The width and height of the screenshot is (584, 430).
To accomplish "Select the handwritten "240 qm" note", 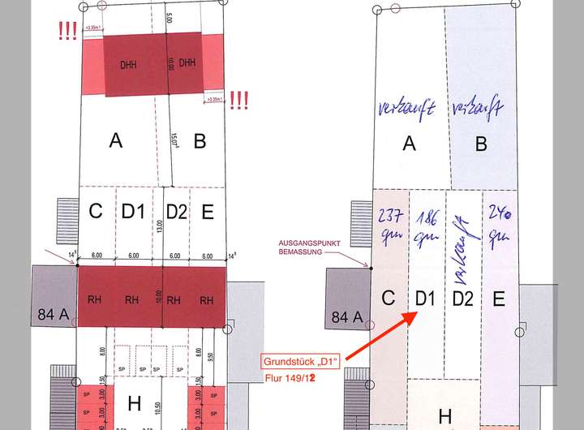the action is pos(498,223).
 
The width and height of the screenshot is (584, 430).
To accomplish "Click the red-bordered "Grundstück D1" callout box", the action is pos(299,361).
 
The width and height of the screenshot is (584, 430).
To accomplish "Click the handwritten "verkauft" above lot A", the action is pos(407,108).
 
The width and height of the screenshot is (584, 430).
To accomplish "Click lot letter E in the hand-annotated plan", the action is pos(498,299).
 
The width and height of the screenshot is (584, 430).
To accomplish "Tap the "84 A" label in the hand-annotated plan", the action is pos(347,316).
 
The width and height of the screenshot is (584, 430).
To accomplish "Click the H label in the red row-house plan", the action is pos(135,403).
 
